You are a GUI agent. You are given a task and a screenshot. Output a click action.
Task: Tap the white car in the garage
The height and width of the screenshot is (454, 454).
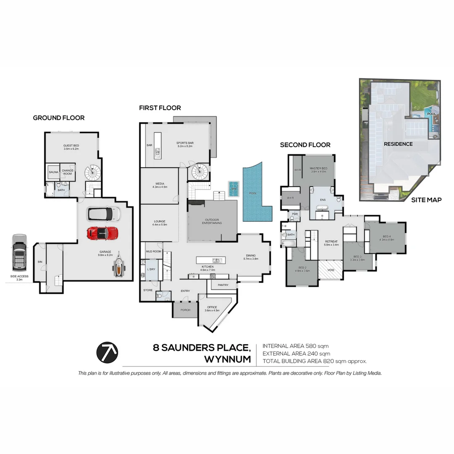tap(101, 214)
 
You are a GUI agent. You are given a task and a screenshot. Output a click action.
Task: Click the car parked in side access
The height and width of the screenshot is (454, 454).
tap(19, 253)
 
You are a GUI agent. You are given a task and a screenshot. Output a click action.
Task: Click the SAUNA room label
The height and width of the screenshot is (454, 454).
tap(53, 172)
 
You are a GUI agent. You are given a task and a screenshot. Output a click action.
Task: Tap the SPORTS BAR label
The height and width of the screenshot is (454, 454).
tap(185, 143)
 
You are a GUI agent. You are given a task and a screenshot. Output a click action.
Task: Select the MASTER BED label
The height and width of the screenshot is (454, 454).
tap(318, 169)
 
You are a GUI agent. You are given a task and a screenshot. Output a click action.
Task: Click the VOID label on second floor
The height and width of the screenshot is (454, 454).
tap(330, 270)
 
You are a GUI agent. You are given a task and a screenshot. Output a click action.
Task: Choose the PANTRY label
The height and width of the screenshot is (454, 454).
tap(223, 285)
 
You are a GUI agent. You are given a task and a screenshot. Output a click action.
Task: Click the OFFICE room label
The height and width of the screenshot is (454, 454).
tap(211, 307)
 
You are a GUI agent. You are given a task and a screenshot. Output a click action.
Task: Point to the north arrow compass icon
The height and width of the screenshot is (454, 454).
tap(107, 352)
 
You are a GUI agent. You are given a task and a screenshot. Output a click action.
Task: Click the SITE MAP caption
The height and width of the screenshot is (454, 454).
tap(426, 200)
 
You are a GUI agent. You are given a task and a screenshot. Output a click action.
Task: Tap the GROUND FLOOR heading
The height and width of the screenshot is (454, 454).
tap(59, 118)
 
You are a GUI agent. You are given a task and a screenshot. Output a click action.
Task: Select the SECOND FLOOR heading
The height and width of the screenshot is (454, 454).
tap(305, 145)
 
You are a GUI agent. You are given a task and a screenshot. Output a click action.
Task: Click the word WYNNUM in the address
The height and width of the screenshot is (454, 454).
tap(227, 359)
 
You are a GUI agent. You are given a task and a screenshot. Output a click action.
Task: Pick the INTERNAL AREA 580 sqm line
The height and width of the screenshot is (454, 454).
tap(296, 346)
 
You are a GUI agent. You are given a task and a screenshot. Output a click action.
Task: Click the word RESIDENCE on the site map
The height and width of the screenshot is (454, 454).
tap(398, 144)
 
